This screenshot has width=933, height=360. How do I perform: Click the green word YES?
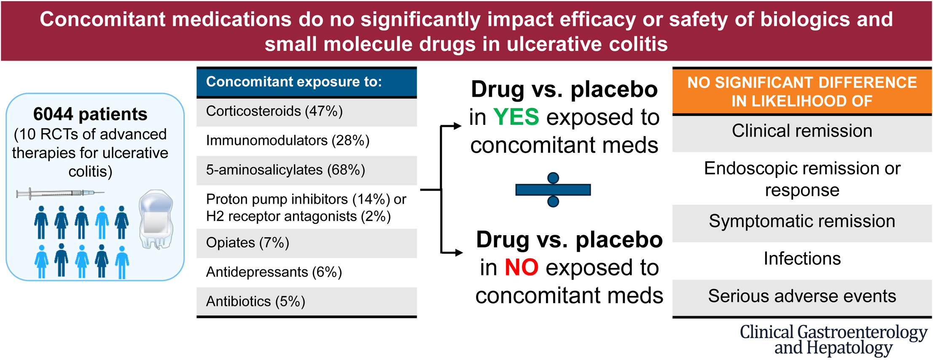pyautogui.click(x=516, y=117)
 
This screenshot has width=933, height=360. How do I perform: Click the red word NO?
pyautogui.click(x=522, y=267)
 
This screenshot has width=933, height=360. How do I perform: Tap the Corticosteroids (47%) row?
pyautogui.click(x=307, y=112)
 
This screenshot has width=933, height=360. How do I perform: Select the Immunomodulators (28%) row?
pyautogui.click(x=307, y=141)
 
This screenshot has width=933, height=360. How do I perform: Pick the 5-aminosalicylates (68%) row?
pyautogui.click(x=307, y=170)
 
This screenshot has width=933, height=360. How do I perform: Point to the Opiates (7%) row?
pyautogui.click(x=307, y=243)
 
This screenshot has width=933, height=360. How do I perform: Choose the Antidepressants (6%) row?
pyautogui.click(x=307, y=272)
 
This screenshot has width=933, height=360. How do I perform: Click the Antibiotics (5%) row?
pyautogui.click(x=307, y=302)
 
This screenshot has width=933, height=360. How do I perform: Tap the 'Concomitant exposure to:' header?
pyautogui.click(x=307, y=82)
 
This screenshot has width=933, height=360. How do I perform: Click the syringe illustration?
pyautogui.click(x=60, y=193)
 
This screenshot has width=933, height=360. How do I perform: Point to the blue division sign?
pyautogui.click(x=553, y=190)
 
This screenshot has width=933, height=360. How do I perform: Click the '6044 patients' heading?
pyautogui.click(x=90, y=114)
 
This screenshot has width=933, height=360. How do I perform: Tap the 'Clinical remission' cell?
pyautogui.click(x=802, y=132)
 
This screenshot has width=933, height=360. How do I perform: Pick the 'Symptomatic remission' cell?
pyautogui.click(x=802, y=222)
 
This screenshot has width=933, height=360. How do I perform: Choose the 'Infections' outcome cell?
pyautogui.click(x=802, y=259)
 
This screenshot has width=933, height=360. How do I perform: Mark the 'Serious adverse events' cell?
pyautogui.click(x=802, y=296)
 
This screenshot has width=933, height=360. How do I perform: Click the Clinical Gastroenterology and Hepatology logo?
pyautogui.click(x=834, y=340)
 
